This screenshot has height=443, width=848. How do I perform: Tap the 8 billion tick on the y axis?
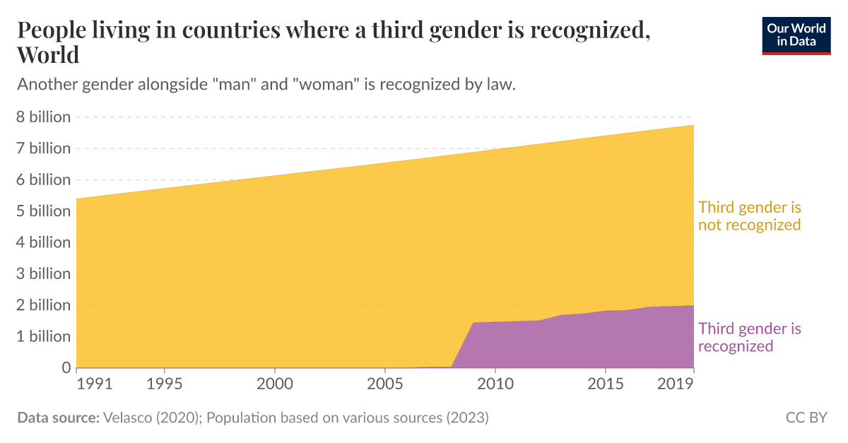pyautogui.click(x=44, y=117)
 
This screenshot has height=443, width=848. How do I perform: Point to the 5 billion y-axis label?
pyautogui.click(x=44, y=211)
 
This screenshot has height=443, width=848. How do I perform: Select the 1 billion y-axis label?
pyautogui.click(x=44, y=336)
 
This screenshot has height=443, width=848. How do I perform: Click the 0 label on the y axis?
pyautogui.click(x=66, y=367)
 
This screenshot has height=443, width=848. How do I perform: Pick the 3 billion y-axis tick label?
pyautogui.click(x=44, y=273)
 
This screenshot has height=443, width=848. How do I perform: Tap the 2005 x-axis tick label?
pyautogui.click(x=385, y=386)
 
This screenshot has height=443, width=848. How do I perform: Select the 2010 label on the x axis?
pyautogui.click(x=495, y=386)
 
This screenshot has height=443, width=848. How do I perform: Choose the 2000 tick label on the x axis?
pyautogui.click(x=275, y=386)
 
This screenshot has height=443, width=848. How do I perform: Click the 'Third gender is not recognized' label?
pyautogui.click(x=749, y=216)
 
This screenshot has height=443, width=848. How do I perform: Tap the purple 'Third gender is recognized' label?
pyautogui.click(x=749, y=337)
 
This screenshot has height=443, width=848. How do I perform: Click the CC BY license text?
pyautogui.click(x=806, y=418)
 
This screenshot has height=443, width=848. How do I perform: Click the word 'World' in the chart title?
pyautogui.click(x=48, y=54)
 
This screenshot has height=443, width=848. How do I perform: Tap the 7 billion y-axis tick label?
pyautogui.click(x=44, y=148)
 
